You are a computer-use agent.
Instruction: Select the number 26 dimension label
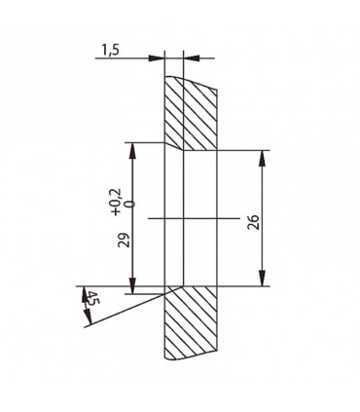(253, 221)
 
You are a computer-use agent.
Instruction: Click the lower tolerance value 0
(128, 202)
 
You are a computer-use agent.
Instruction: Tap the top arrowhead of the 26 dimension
(265, 156)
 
